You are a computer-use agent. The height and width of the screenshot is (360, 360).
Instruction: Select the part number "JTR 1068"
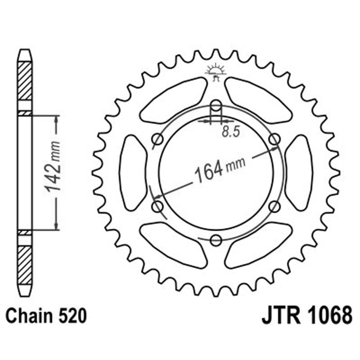(306, 315)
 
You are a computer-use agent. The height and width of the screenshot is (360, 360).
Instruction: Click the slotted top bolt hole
(216, 108)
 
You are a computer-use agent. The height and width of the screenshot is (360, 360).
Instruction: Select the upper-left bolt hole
(157, 139)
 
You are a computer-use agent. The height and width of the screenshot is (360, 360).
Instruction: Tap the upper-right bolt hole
(274, 139)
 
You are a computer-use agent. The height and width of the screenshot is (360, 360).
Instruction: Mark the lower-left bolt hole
(157, 207)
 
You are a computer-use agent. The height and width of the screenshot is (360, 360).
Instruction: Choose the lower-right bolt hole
(274, 207)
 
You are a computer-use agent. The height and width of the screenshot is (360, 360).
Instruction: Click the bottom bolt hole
(216, 240)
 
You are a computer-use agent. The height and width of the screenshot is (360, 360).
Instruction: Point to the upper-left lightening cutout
(173, 100)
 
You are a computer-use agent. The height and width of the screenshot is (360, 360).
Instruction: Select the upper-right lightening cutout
(258, 100)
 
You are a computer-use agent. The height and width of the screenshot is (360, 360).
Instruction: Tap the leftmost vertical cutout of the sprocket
(133, 173)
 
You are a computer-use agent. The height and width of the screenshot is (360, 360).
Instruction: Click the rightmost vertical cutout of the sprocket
(298, 173)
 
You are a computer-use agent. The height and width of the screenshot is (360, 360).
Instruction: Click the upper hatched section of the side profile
(25, 81)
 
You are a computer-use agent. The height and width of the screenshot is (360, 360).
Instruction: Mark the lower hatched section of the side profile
(25, 265)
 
